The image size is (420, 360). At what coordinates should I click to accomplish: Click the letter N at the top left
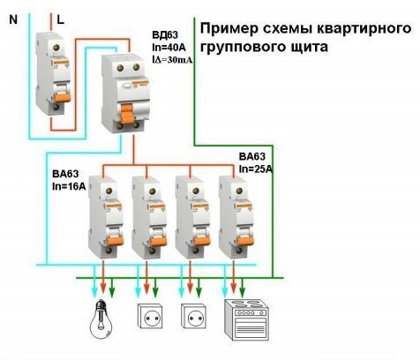click(13, 19)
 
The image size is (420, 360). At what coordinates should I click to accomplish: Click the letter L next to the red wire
click(61, 19)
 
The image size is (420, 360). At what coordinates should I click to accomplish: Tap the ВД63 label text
click(165, 35)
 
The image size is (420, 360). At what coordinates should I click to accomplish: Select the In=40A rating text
click(169, 47)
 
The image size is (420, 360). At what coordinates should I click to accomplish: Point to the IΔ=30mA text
click(172, 60)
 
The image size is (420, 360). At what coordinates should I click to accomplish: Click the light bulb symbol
click(101, 319)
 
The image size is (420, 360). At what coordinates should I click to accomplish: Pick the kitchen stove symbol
click(246, 320)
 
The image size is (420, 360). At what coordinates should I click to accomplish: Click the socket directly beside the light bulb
click(150, 317)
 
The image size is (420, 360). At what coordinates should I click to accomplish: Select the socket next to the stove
click(193, 317)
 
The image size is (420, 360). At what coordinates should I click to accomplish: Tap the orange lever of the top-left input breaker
click(63, 96)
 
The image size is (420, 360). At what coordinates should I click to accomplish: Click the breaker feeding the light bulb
click(106, 217)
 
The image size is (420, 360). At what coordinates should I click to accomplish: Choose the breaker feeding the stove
click(236, 217)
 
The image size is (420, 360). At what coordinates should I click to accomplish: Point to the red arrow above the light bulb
click(103, 277)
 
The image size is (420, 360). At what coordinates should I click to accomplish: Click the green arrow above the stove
click(242, 287)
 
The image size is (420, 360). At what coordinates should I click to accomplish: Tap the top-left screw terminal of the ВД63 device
click(120, 68)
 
